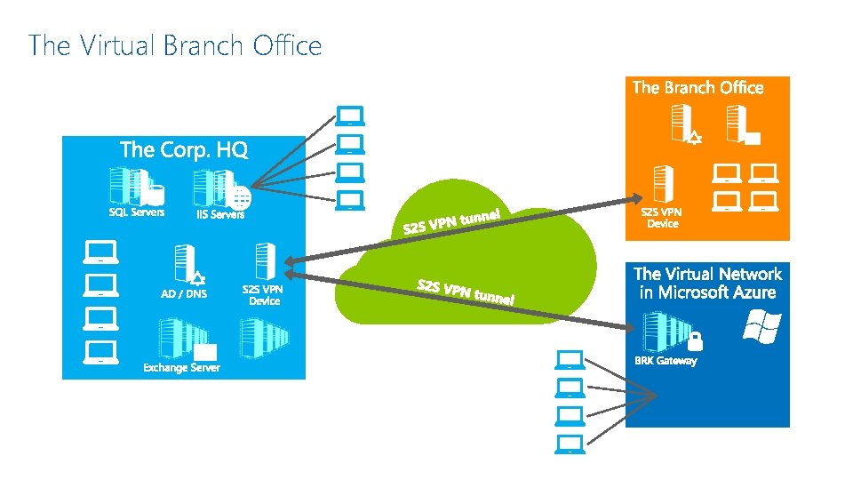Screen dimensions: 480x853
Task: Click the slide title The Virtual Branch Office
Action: tap(175, 45)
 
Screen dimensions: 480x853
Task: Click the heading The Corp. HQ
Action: tap(183, 149)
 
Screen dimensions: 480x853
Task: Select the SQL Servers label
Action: tap(136, 212)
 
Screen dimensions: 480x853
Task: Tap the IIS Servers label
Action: tap(219, 214)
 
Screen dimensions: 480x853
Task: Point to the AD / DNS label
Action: tap(183, 294)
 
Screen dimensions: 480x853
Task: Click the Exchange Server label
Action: tap(181, 367)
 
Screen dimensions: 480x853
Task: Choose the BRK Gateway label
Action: tap(665, 361)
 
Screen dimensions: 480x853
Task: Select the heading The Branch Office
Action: tap(698, 87)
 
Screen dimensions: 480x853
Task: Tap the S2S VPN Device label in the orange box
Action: tap(662, 218)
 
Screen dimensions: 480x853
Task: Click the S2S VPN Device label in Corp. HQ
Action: tap(264, 294)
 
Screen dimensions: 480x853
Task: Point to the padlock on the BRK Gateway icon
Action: tap(695, 340)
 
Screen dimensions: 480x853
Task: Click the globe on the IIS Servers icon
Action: tap(239, 197)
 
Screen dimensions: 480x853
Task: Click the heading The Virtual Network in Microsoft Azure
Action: tap(707, 283)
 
